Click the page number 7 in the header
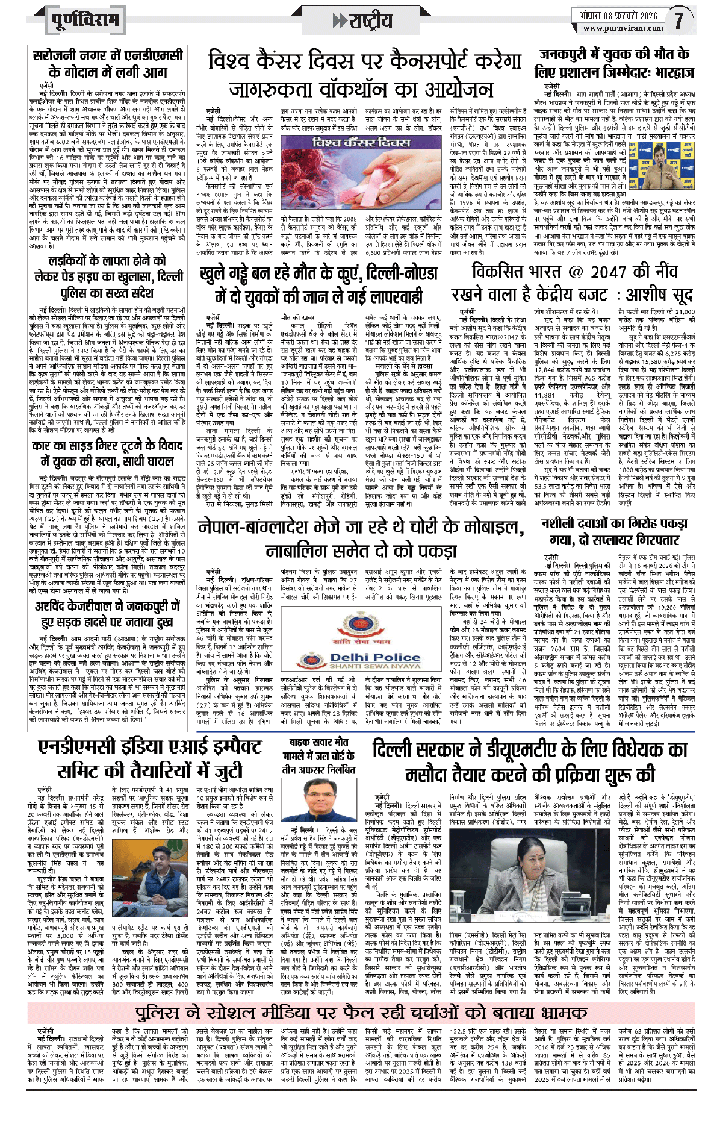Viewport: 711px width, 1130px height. click(x=678, y=20)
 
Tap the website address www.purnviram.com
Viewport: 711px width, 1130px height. click(x=623, y=28)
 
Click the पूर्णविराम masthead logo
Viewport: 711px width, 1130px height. click(x=84, y=20)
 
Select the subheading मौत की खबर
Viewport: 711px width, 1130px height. click(x=297, y=317)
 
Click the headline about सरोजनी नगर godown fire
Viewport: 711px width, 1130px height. click(x=107, y=63)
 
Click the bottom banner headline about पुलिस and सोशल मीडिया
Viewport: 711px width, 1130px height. click(x=361, y=1011)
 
